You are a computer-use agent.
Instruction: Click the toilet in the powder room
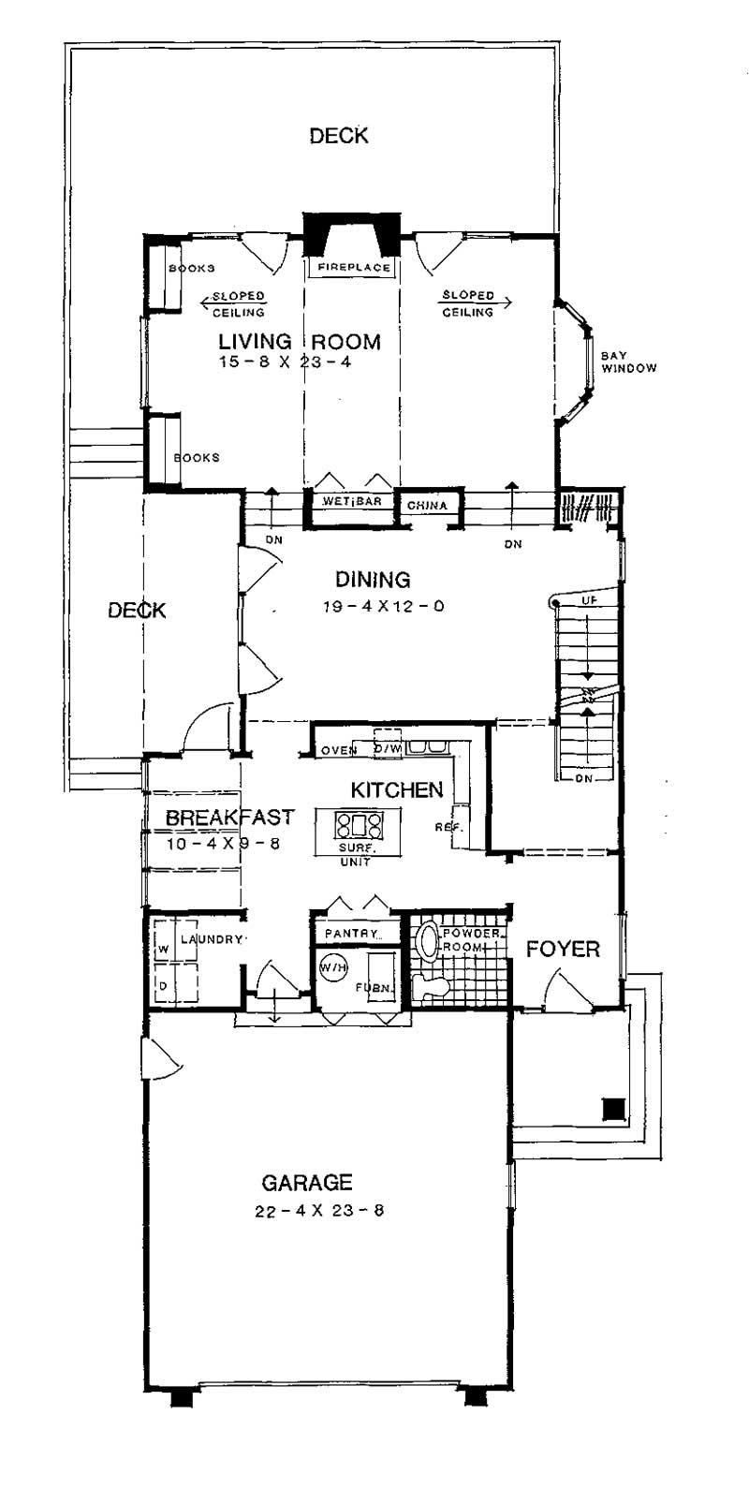(432, 984)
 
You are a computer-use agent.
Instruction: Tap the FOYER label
(562, 950)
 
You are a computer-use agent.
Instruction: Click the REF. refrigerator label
(444, 827)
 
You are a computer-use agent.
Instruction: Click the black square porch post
(613, 1110)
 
